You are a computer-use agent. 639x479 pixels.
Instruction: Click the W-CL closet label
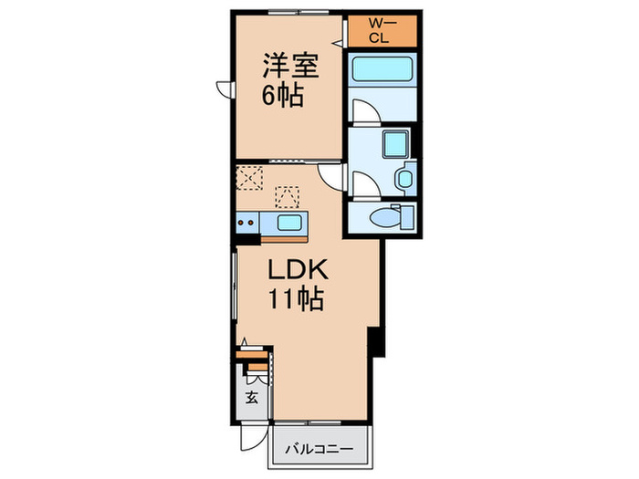[x=381, y=30]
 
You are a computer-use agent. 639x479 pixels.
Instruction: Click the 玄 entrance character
[x=252, y=397]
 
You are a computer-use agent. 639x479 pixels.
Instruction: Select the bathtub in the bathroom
[x=381, y=69]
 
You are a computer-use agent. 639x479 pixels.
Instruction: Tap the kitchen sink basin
[x=288, y=223]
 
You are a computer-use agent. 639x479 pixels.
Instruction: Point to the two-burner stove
[x=247, y=222]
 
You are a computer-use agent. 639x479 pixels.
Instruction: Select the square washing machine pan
[x=396, y=143]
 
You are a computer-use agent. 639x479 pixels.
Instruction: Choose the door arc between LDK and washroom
[x=331, y=175]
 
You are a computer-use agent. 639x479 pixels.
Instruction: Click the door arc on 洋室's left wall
[x=224, y=89]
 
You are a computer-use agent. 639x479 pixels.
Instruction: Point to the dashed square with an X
[x=249, y=176]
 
